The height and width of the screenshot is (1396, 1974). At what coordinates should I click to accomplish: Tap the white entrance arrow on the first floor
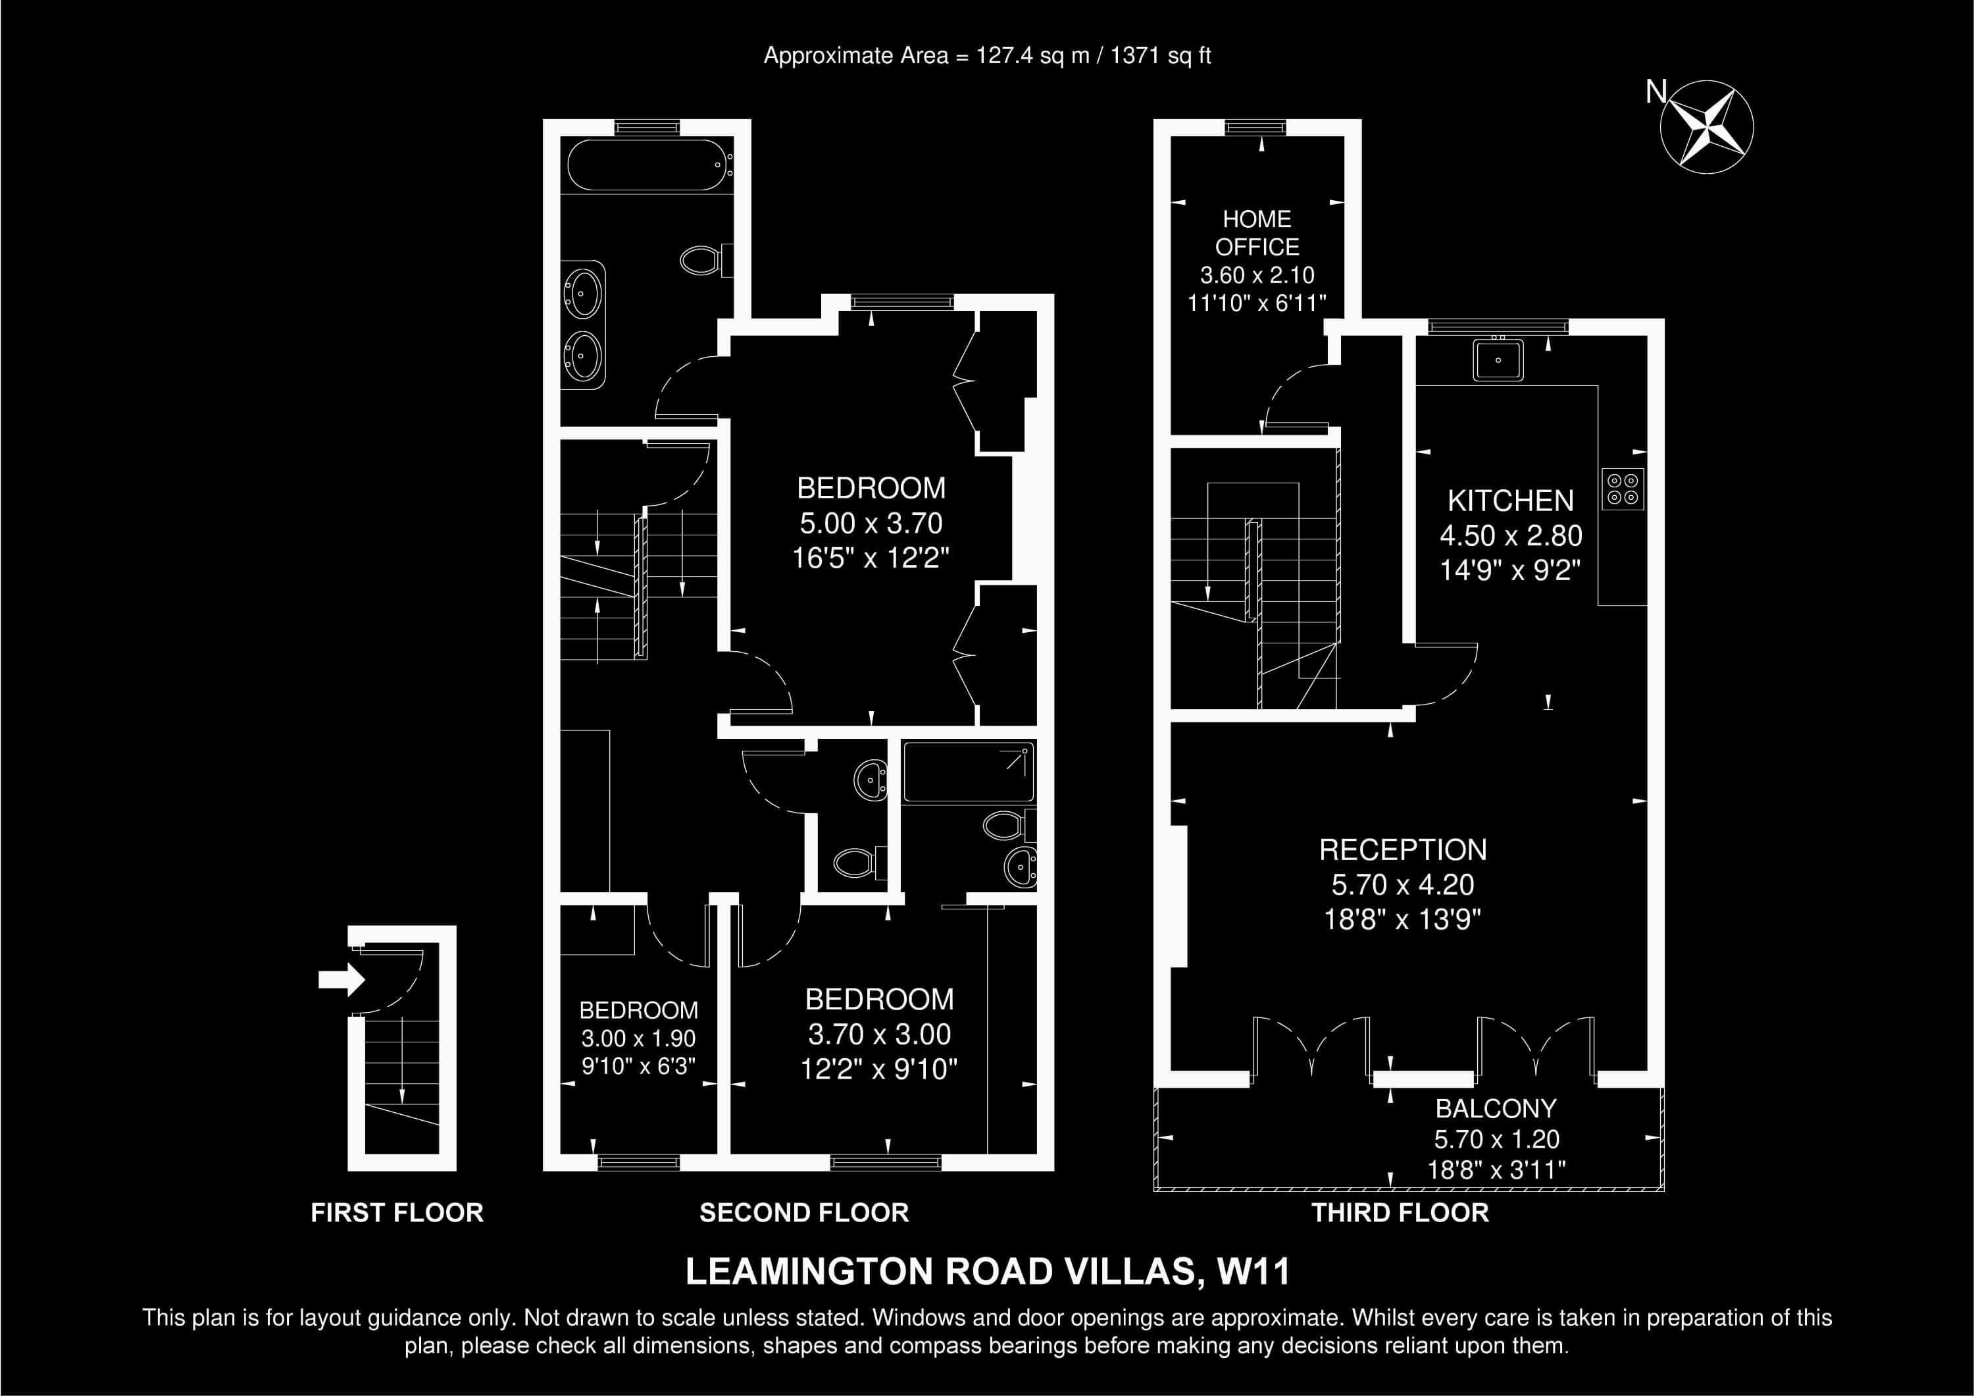(x=342, y=979)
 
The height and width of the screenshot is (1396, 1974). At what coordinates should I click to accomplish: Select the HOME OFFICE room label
(x=1257, y=233)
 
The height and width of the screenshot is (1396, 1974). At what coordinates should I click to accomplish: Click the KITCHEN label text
(x=1511, y=500)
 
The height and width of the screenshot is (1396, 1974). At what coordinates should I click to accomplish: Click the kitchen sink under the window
(x=1498, y=360)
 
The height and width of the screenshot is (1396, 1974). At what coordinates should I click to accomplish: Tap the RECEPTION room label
(x=1403, y=850)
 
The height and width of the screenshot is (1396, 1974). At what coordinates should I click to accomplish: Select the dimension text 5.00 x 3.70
(x=871, y=523)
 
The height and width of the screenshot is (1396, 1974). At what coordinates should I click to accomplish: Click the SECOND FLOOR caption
(x=804, y=1213)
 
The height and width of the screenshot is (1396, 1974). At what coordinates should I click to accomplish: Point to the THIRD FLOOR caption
(x=1400, y=1213)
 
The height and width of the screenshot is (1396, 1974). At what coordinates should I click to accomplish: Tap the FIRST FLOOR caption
(x=397, y=1213)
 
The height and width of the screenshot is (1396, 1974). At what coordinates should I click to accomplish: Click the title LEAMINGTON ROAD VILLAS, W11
(x=988, y=1272)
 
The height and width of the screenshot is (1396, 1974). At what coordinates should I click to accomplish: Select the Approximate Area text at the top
(x=988, y=56)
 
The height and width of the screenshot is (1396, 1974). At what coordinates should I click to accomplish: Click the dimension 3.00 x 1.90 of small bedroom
(x=638, y=1038)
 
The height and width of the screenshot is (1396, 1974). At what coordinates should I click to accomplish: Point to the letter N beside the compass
(x=1655, y=91)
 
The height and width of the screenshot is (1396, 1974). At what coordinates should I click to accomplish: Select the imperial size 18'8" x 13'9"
(x=1403, y=919)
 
